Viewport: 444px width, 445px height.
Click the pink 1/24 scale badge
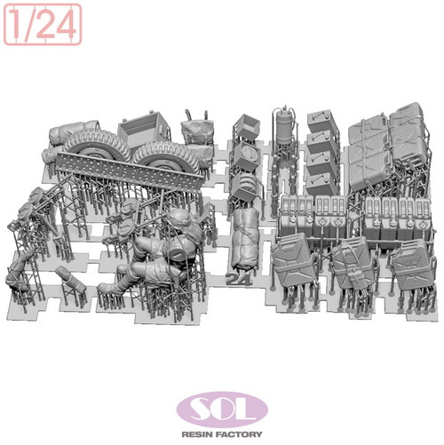tap(43, 25)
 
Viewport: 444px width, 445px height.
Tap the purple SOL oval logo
tap(222, 409)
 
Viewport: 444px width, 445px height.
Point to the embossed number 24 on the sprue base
tap(238, 279)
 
